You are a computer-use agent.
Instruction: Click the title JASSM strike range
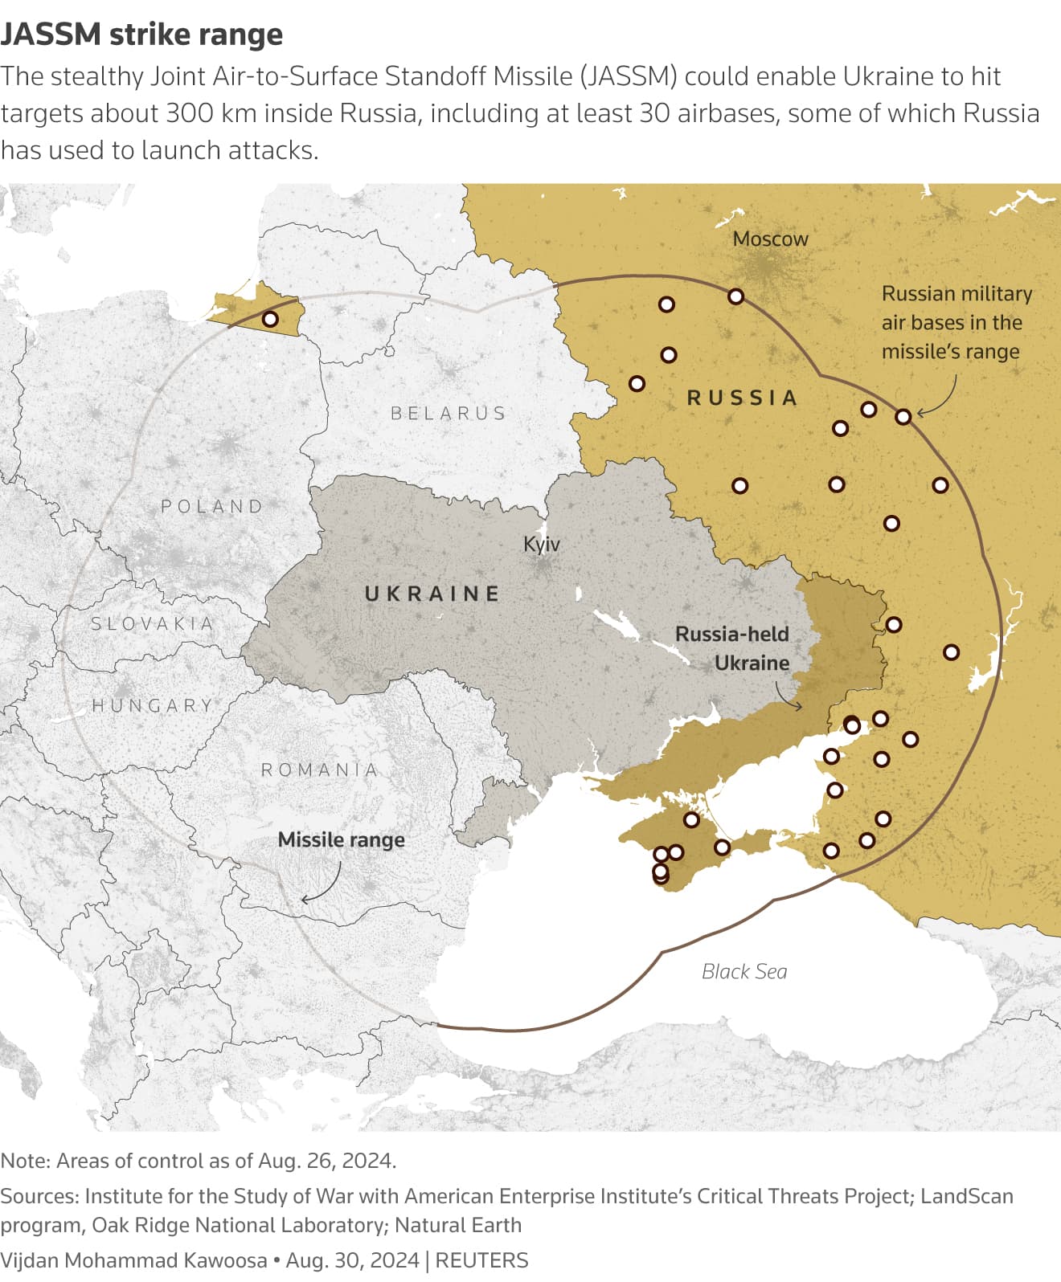pyautogui.click(x=141, y=35)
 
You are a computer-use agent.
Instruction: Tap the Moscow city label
pyautogui.click(x=770, y=239)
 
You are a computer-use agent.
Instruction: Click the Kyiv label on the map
pyautogui.click(x=541, y=544)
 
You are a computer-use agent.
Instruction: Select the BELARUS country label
pyautogui.click(x=449, y=413)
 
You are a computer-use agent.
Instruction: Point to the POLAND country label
pyautogui.click(x=212, y=506)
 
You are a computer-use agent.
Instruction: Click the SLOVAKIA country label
pyautogui.click(x=152, y=623)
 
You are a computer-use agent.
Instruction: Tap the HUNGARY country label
pyautogui.click(x=153, y=705)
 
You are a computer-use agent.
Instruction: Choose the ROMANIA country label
pyautogui.click(x=319, y=770)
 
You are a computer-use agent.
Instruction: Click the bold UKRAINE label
pyautogui.click(x=432, y=594)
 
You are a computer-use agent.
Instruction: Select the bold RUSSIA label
pyautogui.click(x=742, y=398)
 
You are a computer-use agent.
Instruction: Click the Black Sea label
pyautogui.click(x=744, y=971)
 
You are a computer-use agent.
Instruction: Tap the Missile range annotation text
pyautogui.click(x=341, y=839)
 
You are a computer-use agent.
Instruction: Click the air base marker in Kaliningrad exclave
pyautogui.click(x=271, y=319)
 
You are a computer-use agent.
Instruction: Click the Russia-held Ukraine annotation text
pyautogui.click(x=732, y=648)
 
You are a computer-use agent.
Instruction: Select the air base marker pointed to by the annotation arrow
pyautogui.click(x=903, y=416)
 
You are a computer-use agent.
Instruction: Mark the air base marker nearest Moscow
pyautogui.click(x=735, y=296)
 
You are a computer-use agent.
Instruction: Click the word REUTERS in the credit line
pyautogui.click(x=481, y=1260)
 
